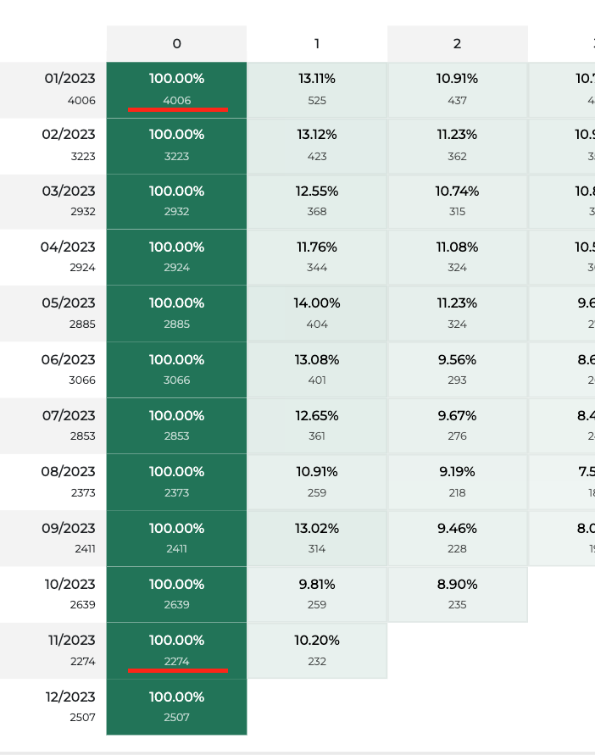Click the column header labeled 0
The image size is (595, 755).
[176, 43]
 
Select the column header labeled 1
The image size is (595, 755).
[317, 43]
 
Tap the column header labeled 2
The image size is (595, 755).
[458, 43]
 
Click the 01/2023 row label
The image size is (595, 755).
[70, 89]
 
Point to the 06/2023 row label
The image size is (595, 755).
[70, 369]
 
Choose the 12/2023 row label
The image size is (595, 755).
[70, 707]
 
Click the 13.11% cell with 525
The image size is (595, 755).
[317, 89]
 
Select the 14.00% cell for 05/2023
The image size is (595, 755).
[317, 314]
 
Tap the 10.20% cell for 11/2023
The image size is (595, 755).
[317, 650]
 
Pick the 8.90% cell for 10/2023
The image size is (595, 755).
[458, 594]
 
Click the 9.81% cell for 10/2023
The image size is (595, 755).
[317, 594]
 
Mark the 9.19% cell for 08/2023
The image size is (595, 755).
[458, 481]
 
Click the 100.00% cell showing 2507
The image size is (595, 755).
[176, 707]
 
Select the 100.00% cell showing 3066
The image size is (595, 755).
[176, 369]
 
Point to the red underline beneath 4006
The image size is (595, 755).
[178, 109]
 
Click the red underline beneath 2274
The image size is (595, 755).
[178, 670]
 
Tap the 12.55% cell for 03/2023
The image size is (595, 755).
[317, 201]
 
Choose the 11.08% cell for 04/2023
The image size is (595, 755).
[458, 257]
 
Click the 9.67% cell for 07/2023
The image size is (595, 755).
[458, 425]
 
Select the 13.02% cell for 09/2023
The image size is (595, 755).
[317, 538]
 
